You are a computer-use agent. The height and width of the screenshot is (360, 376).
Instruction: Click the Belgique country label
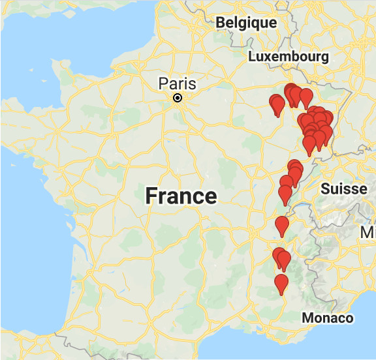[x=246, y=23]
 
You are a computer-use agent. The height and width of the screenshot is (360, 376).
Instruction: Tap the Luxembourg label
[x=288, y=57]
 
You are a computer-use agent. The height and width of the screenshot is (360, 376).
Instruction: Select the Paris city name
[x=178, y=83]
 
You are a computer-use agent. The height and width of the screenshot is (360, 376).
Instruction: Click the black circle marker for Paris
[x=177, y=98]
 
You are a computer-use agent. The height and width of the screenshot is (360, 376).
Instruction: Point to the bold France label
[x=181, y=196]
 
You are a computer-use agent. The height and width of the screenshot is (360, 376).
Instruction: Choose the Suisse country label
[x=343, y=189]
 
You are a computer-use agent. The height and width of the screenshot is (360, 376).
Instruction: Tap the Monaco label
[x=327, y=318]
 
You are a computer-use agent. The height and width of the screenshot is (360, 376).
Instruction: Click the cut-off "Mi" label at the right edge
[x=369, y=233]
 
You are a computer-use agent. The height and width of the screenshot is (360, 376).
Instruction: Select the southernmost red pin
[x=281, y=284]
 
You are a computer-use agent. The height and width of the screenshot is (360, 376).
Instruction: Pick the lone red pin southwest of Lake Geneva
[x=282, y=226]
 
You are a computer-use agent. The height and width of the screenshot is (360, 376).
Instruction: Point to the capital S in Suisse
[x=325, y=189]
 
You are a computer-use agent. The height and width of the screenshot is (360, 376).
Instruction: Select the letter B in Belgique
[x=221, y=23]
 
